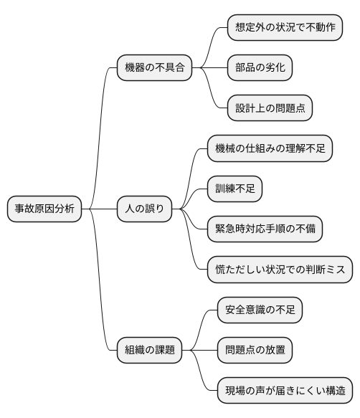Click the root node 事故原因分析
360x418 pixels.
(44, 209)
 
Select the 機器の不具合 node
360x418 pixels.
(155, 68)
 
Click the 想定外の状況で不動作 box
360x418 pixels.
(285, 28)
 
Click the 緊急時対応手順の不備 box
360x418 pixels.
(265, 229)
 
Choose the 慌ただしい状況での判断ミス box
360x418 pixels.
(280, 270)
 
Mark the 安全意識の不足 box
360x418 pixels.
(260, 310)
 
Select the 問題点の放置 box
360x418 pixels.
(255, 351)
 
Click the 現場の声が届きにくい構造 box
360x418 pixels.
(285, 391)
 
